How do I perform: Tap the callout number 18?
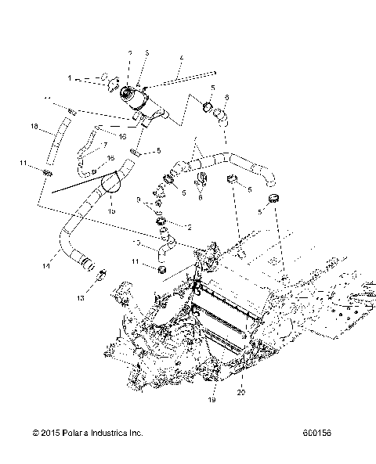(34, 126)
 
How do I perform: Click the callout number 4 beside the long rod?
(181, 58)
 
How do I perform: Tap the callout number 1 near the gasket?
(70, 78)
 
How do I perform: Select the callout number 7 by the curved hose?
(104, 144)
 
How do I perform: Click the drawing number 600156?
(315, 432)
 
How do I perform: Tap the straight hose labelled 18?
(52, 141)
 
